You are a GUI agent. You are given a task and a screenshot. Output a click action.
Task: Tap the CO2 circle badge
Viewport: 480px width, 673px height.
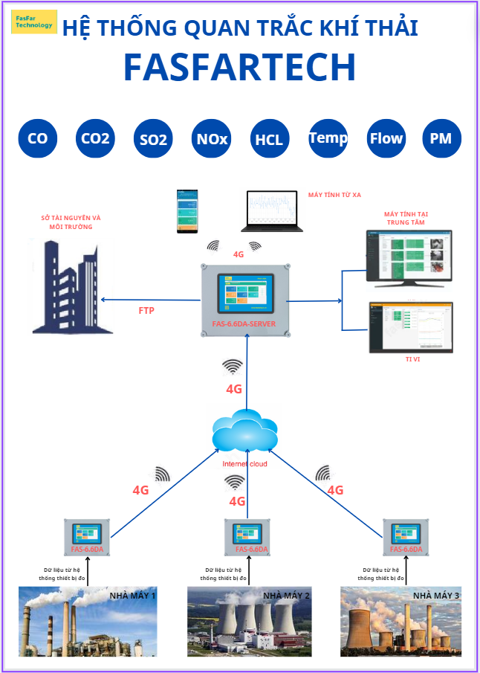[96, 138]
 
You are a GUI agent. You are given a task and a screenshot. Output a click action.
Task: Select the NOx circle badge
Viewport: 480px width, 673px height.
[212, 138]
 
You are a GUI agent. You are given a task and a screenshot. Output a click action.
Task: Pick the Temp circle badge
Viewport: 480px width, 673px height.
[328, 138]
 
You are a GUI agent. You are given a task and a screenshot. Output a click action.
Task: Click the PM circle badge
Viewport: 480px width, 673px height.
[441, 138]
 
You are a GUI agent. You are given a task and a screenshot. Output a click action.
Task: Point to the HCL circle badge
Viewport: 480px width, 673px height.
[269, 139]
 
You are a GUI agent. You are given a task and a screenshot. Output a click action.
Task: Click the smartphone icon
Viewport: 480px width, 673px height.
[187, 211]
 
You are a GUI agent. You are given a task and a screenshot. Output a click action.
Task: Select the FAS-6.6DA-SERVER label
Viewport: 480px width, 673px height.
[244, 324]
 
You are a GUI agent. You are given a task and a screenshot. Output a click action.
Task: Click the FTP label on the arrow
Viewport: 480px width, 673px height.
[147, 310]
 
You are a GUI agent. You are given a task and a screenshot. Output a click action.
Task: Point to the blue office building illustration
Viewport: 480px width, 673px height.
[65, 286]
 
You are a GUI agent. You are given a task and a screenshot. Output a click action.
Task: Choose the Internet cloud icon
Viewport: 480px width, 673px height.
[244, 433]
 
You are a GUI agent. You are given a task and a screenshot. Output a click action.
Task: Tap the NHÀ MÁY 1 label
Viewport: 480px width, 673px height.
[133, 596]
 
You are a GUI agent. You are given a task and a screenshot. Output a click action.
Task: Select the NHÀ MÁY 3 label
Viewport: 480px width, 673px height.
[436, 596]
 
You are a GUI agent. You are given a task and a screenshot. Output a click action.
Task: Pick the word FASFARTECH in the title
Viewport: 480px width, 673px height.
[239, 67]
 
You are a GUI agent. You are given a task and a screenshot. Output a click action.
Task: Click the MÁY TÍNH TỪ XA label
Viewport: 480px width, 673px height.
[334, 195]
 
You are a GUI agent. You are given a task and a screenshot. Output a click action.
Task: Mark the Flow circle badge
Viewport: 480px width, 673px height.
[386, 138]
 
